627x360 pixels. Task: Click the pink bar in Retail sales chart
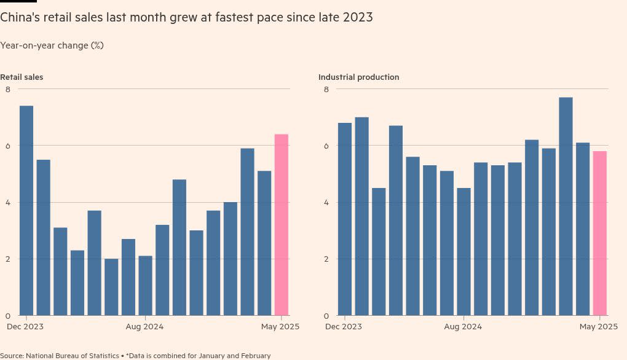click(281, 225)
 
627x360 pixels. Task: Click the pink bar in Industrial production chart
click(600, 233)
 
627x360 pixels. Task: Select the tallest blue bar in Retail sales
click(26, 211)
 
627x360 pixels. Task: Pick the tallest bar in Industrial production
click(566, 206)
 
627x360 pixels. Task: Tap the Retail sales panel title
click(22, 77)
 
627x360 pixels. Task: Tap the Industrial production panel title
click(359, 77)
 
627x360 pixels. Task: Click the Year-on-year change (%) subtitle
click(52, 45)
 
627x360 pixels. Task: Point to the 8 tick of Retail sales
click(8, 89)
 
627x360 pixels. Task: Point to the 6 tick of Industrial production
click(326, 146)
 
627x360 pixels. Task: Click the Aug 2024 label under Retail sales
click(144, 326)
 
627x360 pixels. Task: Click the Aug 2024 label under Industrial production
click(463, 326)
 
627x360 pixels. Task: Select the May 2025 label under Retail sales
click(280, 326)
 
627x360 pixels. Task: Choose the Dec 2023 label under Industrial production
click(344, 326)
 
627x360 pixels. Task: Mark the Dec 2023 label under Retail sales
click(25, 326)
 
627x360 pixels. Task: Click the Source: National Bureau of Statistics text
click(60, 356)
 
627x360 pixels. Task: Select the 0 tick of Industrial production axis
click(326, 316)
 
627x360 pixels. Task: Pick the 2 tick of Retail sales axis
click(8, 259)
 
